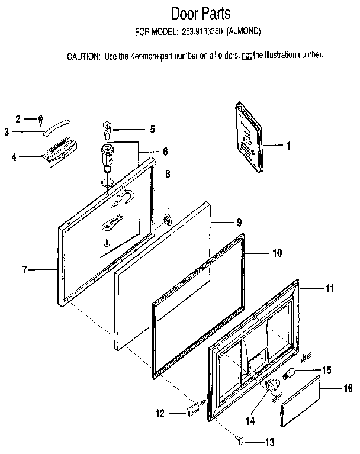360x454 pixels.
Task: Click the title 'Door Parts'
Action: [x=200, y=13]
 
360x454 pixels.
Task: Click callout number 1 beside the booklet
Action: [x=288, y=144]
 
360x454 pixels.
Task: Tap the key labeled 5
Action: [x=107, y=128]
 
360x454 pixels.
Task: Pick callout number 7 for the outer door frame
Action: [x=25, y=270]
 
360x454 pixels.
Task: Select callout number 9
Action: [x=239, y=223]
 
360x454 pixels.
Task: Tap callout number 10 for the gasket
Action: [x=277, y=253]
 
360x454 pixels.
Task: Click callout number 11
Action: [x=330, y=289]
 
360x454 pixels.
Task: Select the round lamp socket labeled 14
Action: [x=273, y=387]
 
